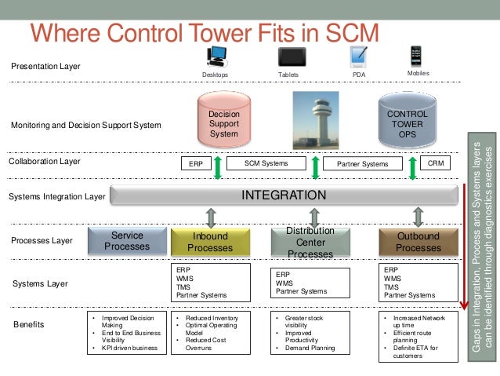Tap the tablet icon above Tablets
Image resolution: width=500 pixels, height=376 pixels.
coord(292,57)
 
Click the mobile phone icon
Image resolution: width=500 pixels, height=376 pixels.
coord(417,56)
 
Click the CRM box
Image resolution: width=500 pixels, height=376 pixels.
coord(436,164)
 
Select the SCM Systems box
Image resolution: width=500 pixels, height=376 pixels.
coord(266,164)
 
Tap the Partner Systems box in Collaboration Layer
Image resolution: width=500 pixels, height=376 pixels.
coord(362,164)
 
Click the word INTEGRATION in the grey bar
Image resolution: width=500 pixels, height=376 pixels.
coord(283,195)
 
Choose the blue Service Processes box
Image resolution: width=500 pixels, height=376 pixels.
coord(127,241)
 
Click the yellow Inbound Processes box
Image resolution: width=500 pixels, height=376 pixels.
coord(209,242)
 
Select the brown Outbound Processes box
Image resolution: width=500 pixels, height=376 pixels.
coord(418,242)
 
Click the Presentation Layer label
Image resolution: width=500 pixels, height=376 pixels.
coord(45,66)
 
